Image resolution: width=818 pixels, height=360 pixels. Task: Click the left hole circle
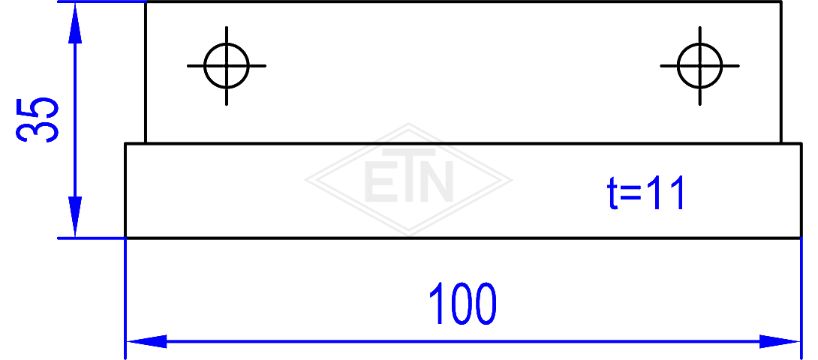(x=205, y=66)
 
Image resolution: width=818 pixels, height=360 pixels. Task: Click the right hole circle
(x=678, y=66)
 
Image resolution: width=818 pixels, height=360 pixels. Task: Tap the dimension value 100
(x=463, y=304)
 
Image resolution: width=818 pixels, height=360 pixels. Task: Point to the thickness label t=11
(x=645, y=193)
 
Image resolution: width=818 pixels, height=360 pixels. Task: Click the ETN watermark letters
(x=408, y=175)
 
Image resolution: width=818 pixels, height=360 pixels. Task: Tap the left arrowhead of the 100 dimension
(x=146, y=342)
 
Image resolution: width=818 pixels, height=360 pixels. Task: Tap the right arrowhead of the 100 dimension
(x=780, y=342)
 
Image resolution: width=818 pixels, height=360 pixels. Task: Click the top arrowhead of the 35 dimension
(x=75, y=23)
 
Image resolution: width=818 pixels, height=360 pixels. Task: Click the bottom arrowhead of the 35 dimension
(x=75, y=217)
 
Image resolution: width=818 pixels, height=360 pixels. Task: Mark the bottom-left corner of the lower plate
(x=126, y=238)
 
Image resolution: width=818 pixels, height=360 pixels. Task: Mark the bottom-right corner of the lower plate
(x=801, y=238)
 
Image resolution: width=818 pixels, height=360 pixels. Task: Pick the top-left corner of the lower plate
(x=126, y=143)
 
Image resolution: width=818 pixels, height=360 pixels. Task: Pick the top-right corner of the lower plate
(x=801, y=143)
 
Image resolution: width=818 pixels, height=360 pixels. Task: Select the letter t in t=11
(x=613, y=193)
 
